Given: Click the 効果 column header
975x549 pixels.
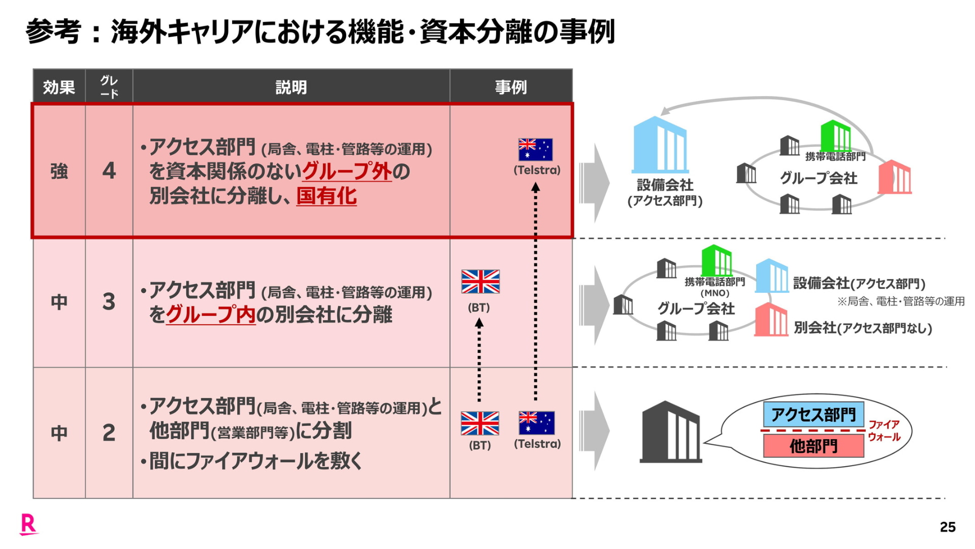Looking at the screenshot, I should pos(59,87).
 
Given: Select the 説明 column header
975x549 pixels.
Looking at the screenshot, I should pos(291,87).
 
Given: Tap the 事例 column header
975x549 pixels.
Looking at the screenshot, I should pos(511,87).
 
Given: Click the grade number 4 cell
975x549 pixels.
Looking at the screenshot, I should pos(109,171).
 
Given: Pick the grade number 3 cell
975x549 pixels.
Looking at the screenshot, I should pos(109,302).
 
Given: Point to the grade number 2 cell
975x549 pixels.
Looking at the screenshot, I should pos(109,433).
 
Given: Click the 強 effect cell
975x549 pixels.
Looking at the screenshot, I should pos(59,171).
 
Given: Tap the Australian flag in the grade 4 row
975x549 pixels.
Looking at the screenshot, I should pos(535,149).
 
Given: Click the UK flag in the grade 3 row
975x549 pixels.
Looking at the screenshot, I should pos(480,282).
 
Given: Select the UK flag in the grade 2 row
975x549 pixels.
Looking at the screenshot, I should pos(480,423).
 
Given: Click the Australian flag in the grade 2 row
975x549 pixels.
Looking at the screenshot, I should pos(536,423).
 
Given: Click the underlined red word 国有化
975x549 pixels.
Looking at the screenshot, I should pos(326,196).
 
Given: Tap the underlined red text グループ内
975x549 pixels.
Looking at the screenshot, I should pos(210,315).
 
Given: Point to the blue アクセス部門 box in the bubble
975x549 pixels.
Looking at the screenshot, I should pos(813,415).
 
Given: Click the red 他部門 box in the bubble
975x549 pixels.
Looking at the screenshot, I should pos(813,446).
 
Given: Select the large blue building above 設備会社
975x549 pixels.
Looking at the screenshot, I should pos(660,145).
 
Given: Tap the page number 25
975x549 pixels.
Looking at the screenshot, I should pos(948,527).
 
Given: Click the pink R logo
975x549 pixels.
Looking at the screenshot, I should pos(28,524).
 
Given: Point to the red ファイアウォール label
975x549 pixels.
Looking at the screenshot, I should pos(884,431).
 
